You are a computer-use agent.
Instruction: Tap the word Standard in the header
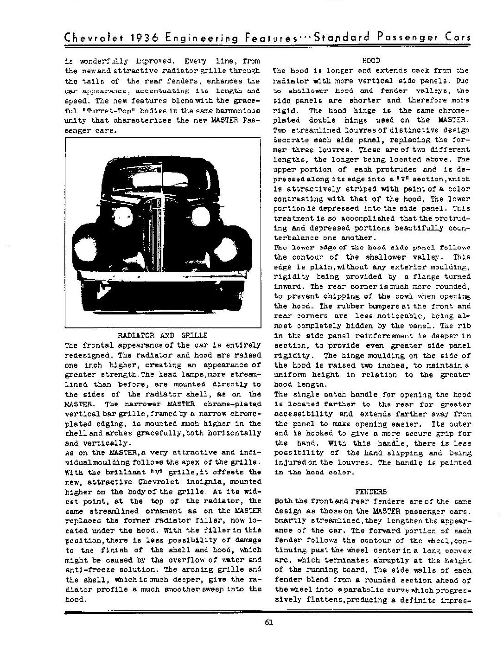(338, 38)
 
